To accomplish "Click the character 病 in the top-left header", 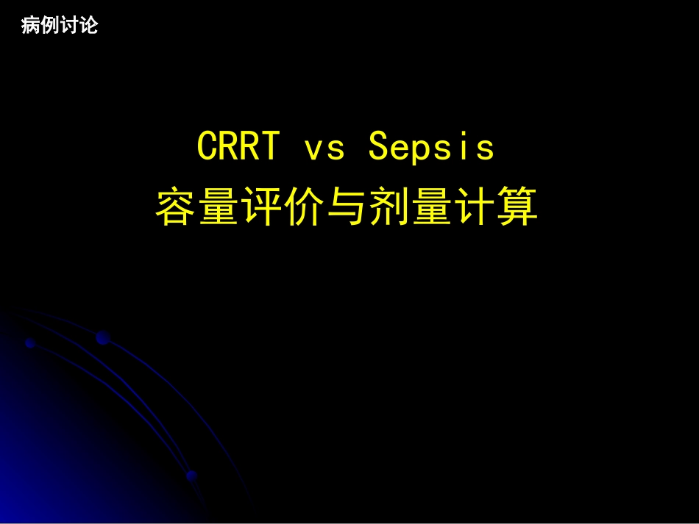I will point(31,26).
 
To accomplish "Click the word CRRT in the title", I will point(238,147).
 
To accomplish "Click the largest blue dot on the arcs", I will point(102,337).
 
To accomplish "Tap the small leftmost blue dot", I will point(29,342).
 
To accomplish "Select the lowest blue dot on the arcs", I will point(191,475).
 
